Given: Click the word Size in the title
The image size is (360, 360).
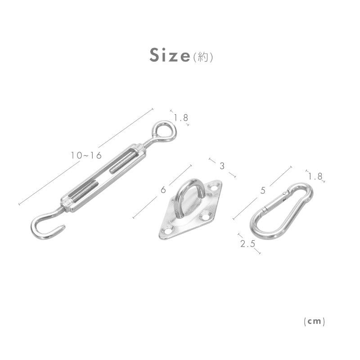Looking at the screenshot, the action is (170, 55).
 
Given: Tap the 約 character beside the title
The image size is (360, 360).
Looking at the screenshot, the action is (203, 57).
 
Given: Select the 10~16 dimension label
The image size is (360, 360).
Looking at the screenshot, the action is (86, 156).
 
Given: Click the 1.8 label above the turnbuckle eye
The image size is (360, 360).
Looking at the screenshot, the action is (181, 118).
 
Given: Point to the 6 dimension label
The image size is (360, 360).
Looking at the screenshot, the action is (163, 190).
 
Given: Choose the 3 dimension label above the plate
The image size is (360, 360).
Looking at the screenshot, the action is (222, 166).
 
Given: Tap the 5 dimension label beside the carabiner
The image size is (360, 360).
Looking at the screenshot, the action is (263, 190).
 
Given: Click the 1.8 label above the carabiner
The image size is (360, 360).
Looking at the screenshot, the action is (315, 176).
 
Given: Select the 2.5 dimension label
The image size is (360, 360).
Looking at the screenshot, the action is (248, 243).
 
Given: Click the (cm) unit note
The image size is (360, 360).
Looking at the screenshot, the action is (314, 321).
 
